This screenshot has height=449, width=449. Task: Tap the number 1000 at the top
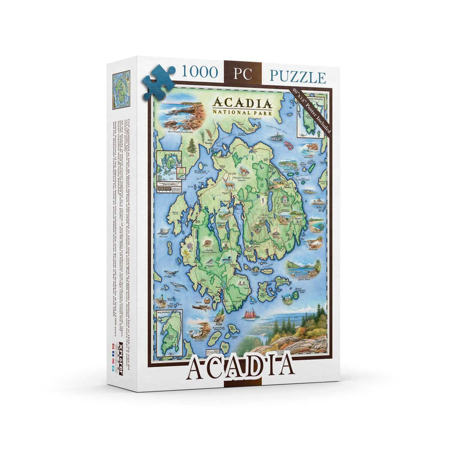coord(199,72)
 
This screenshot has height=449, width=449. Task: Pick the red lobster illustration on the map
coord(288,145)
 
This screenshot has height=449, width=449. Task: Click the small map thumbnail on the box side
coord(121,90)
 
